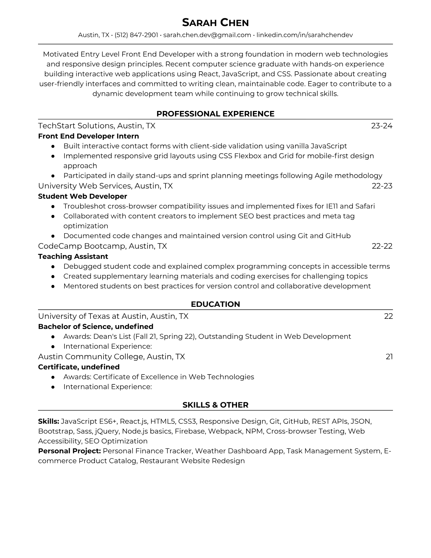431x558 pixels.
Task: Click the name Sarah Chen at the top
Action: point(215,23)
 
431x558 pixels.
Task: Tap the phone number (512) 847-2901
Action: point(136,35)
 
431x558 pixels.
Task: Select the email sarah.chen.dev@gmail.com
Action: point(207,35)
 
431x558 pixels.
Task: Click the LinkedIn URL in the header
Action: point(304,35)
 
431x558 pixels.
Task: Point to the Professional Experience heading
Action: point(215,114)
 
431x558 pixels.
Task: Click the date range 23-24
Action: point(382,126)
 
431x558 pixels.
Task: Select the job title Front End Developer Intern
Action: point(88,136)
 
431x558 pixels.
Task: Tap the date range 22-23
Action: point(382,186)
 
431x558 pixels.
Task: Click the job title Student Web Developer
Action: point(82,196)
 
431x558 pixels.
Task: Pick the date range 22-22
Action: point(382,246)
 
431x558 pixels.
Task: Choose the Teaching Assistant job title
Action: point(73,256)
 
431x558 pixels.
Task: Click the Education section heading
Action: point(215,304)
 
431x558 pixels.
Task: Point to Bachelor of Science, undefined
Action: point(95,327)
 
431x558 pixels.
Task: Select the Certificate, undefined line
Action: point(79,367)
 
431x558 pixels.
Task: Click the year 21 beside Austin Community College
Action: point(389,357)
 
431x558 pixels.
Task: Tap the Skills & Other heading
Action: point(215,405)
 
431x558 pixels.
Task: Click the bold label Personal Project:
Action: point(69,451)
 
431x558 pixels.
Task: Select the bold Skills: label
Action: point(49,421)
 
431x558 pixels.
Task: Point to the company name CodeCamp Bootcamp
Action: point(81,246)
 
